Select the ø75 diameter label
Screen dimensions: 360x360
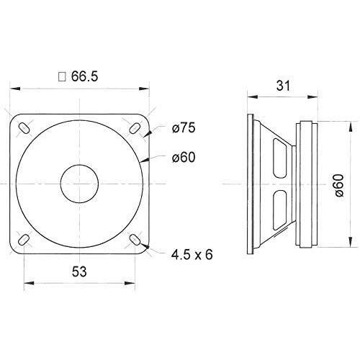point(184,130)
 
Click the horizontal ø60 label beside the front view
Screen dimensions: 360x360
point(184,157)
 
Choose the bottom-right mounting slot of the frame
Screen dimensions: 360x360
point(134,238)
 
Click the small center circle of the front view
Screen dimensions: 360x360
point(78,183)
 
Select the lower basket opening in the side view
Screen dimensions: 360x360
point(282,210)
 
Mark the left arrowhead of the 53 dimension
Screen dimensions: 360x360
point(27,282)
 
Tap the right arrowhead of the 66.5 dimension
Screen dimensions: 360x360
point(148,89)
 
